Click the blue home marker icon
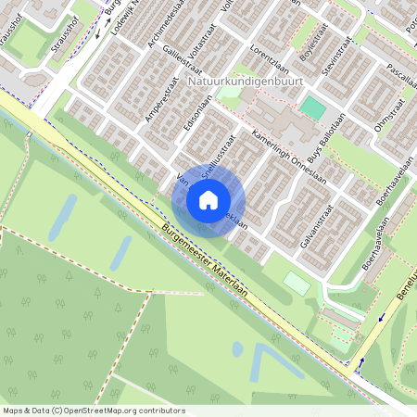coord(208,199)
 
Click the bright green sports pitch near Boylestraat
coord(313,108)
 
